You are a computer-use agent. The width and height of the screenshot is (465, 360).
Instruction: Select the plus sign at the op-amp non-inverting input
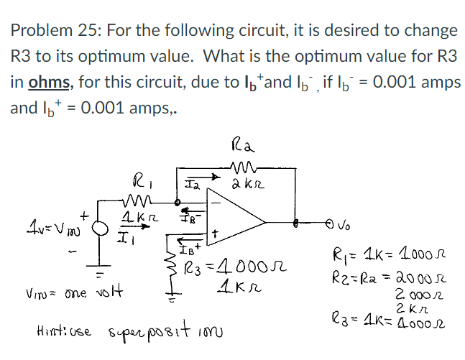[x=216, y=234]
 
